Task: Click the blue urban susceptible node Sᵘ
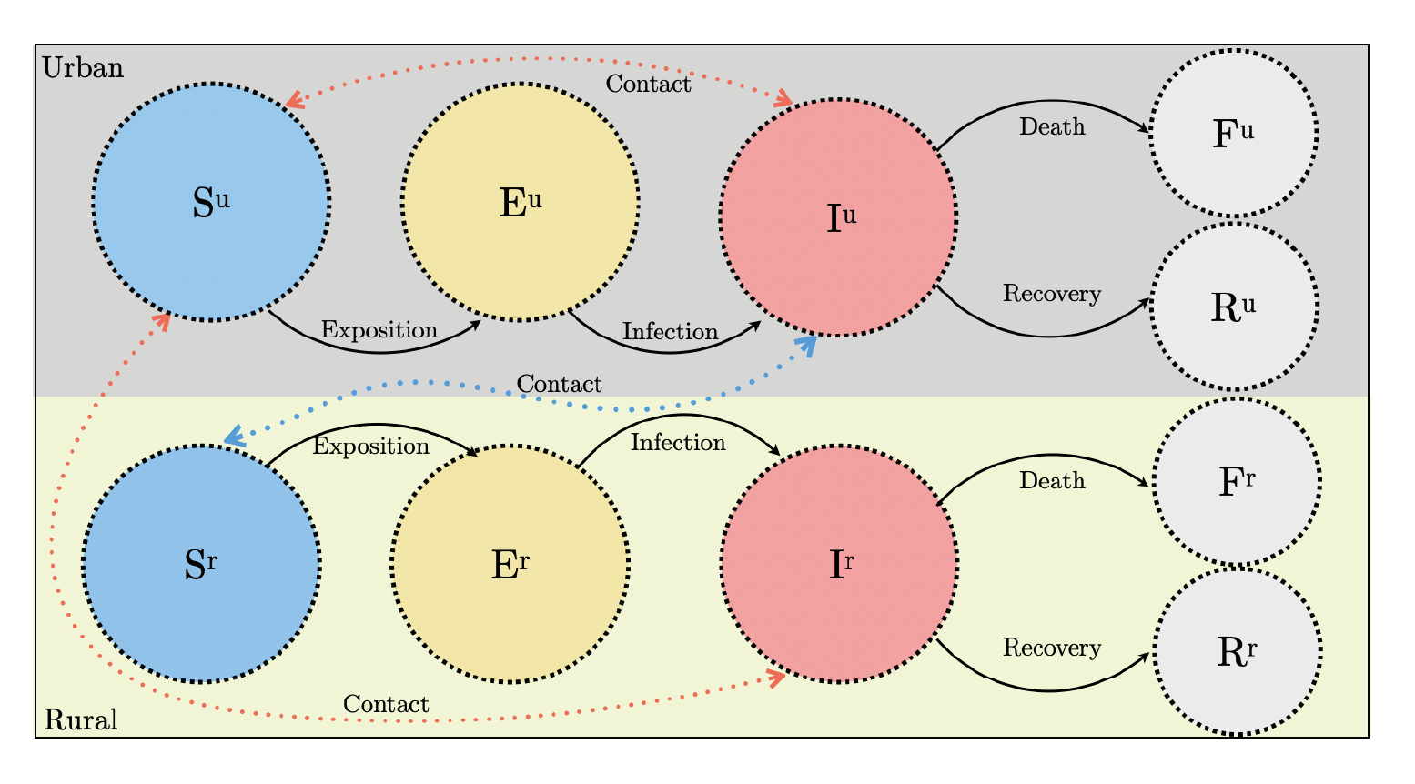pyautogui.click(x=211, y=202)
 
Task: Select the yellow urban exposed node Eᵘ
pyautogui.click(x=521, y=202)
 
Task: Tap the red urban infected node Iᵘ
pyautogui.click(x=838, y=217)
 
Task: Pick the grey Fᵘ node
pyautogui.click(x=1234, y=133)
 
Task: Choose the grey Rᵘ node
pyautogui.click(x=1234, y=307)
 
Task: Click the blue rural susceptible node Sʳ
pyautogui.click(x=201, y=564)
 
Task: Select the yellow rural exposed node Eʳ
pyautogui.click(x=510, y=564)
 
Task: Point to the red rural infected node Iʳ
pyautogui.click(x=839, y=564)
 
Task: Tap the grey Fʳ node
pyautogui.click(x=1237, y=481)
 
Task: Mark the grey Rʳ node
pyautogui.click(x=1237, y=651)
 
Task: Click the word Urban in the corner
pyautogui.click(x=83, y=68)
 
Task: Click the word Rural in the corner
pyautogui.click(x=81, y=720)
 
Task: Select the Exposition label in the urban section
pyautogui.click(x=379, y=330)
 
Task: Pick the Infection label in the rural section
pyautogui.click(x=678, y=443)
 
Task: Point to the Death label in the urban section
pyautogui.click(x=1052, y=126)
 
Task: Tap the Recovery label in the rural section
pyautogui.click(x=1052, y=648)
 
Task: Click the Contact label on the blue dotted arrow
pyautogui.click(x=559, y=385)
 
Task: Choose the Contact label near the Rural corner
pyautogui.click(x=386, y=704)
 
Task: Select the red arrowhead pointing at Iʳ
pyautogui.click(x=776, y=677)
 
